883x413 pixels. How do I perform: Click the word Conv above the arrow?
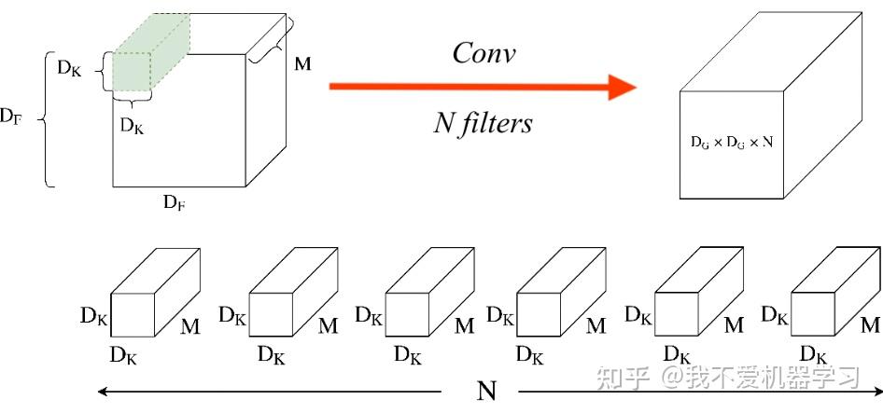(x=484, y=53)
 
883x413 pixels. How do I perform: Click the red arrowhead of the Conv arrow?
(x=623, y=86)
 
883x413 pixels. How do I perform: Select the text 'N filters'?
(x=483, y=122)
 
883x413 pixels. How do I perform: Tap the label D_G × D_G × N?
(x=732, y=143)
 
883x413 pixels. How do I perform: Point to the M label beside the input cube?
(x=302, y=63)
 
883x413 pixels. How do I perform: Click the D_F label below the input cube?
(x=175, y=203)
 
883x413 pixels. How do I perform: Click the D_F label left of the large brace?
(x=10, y=117)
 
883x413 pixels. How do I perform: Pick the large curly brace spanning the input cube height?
(x=44, y=118)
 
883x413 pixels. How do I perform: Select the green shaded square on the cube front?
(x=132, y=72)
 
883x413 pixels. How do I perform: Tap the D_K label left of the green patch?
(x=69, y=69)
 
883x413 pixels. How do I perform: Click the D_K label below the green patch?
(x=132, y=126)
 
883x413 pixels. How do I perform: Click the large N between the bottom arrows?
(x=486, y=391)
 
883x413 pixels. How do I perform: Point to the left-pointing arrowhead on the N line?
(x=103, y=391)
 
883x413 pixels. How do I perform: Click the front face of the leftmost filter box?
(x=133, y=314)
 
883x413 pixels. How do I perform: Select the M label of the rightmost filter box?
(x=871, y=324)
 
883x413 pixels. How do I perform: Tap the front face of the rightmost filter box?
(x=813, y=314)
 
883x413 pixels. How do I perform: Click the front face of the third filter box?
(x=407, y=314)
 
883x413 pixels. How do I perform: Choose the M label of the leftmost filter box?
(x=190, y=327)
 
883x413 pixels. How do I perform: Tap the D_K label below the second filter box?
(x=272, y=355)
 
